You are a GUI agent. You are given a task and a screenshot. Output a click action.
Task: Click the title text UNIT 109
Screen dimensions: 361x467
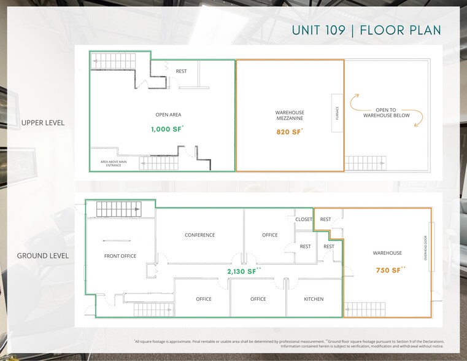tap(322, 31)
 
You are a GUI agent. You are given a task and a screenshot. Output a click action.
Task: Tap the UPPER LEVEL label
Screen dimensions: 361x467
tap(43, 123)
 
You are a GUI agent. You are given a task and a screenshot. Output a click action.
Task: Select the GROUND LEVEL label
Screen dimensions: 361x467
tap(43, 256)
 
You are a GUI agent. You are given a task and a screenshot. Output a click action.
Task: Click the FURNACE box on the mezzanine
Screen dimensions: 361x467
tap(337, 113)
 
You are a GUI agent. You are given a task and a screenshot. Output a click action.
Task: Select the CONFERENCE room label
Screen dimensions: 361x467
tap(200, 235)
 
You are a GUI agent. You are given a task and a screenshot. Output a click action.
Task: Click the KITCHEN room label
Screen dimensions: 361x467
tap(314, 299)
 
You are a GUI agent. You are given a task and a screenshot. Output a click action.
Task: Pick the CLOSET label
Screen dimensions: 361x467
tap(304, 219)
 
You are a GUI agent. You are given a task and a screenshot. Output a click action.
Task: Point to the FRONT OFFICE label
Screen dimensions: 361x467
tap(120, 256)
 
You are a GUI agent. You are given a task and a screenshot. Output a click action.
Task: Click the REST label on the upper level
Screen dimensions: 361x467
tap(181, 71)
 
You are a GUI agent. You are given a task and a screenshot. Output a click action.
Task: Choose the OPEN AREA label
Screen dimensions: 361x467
tap(168, 115)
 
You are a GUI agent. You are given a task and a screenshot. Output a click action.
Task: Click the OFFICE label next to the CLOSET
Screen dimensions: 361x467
tap(269, 235)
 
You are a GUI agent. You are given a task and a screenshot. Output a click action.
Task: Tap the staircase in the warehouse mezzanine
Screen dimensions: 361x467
tap(366, 163)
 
